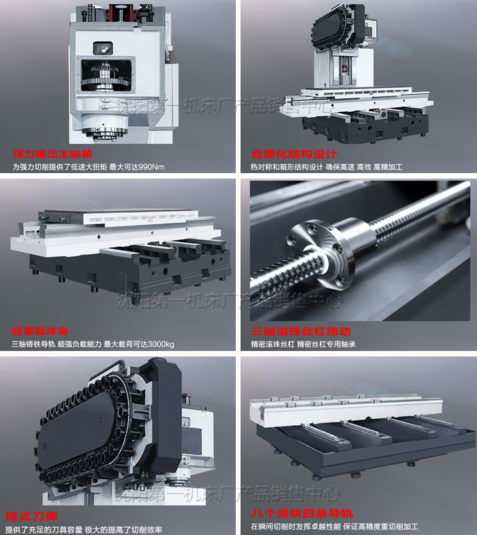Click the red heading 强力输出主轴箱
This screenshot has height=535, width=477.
(x=52, y=154)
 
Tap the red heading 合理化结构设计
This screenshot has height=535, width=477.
(x=294, y=154)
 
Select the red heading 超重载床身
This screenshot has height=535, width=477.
(x=40, y=331)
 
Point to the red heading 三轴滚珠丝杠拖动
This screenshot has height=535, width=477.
(x=301, y=331)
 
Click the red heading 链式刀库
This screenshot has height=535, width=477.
(x=32, y=516)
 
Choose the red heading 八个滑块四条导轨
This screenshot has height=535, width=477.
(x=303, y=513)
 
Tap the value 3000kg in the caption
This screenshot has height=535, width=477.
(x=161, y=344)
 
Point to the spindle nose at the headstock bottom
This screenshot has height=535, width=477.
(x=105, y=132)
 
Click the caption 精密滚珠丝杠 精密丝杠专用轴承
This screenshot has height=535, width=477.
(x=303, y=344)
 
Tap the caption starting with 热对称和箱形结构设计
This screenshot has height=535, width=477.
(x=326, y=167)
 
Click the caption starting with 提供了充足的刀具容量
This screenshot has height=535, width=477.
(x=84, y=530)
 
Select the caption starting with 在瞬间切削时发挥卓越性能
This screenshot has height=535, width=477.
(x=335, y=527)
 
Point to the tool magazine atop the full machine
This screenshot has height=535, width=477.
(x=339, y=27)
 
